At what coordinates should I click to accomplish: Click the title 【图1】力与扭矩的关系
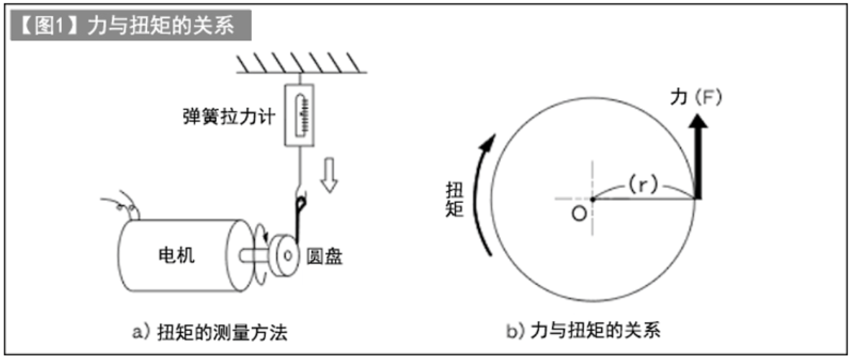click(x=130, y=27)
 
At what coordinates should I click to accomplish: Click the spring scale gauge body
click(x=301, y=114)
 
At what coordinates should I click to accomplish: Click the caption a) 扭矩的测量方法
click(x=210, y=331)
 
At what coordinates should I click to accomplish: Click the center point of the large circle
click(x=593, y=198)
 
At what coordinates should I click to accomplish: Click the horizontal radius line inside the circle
click(x=644, y=198)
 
